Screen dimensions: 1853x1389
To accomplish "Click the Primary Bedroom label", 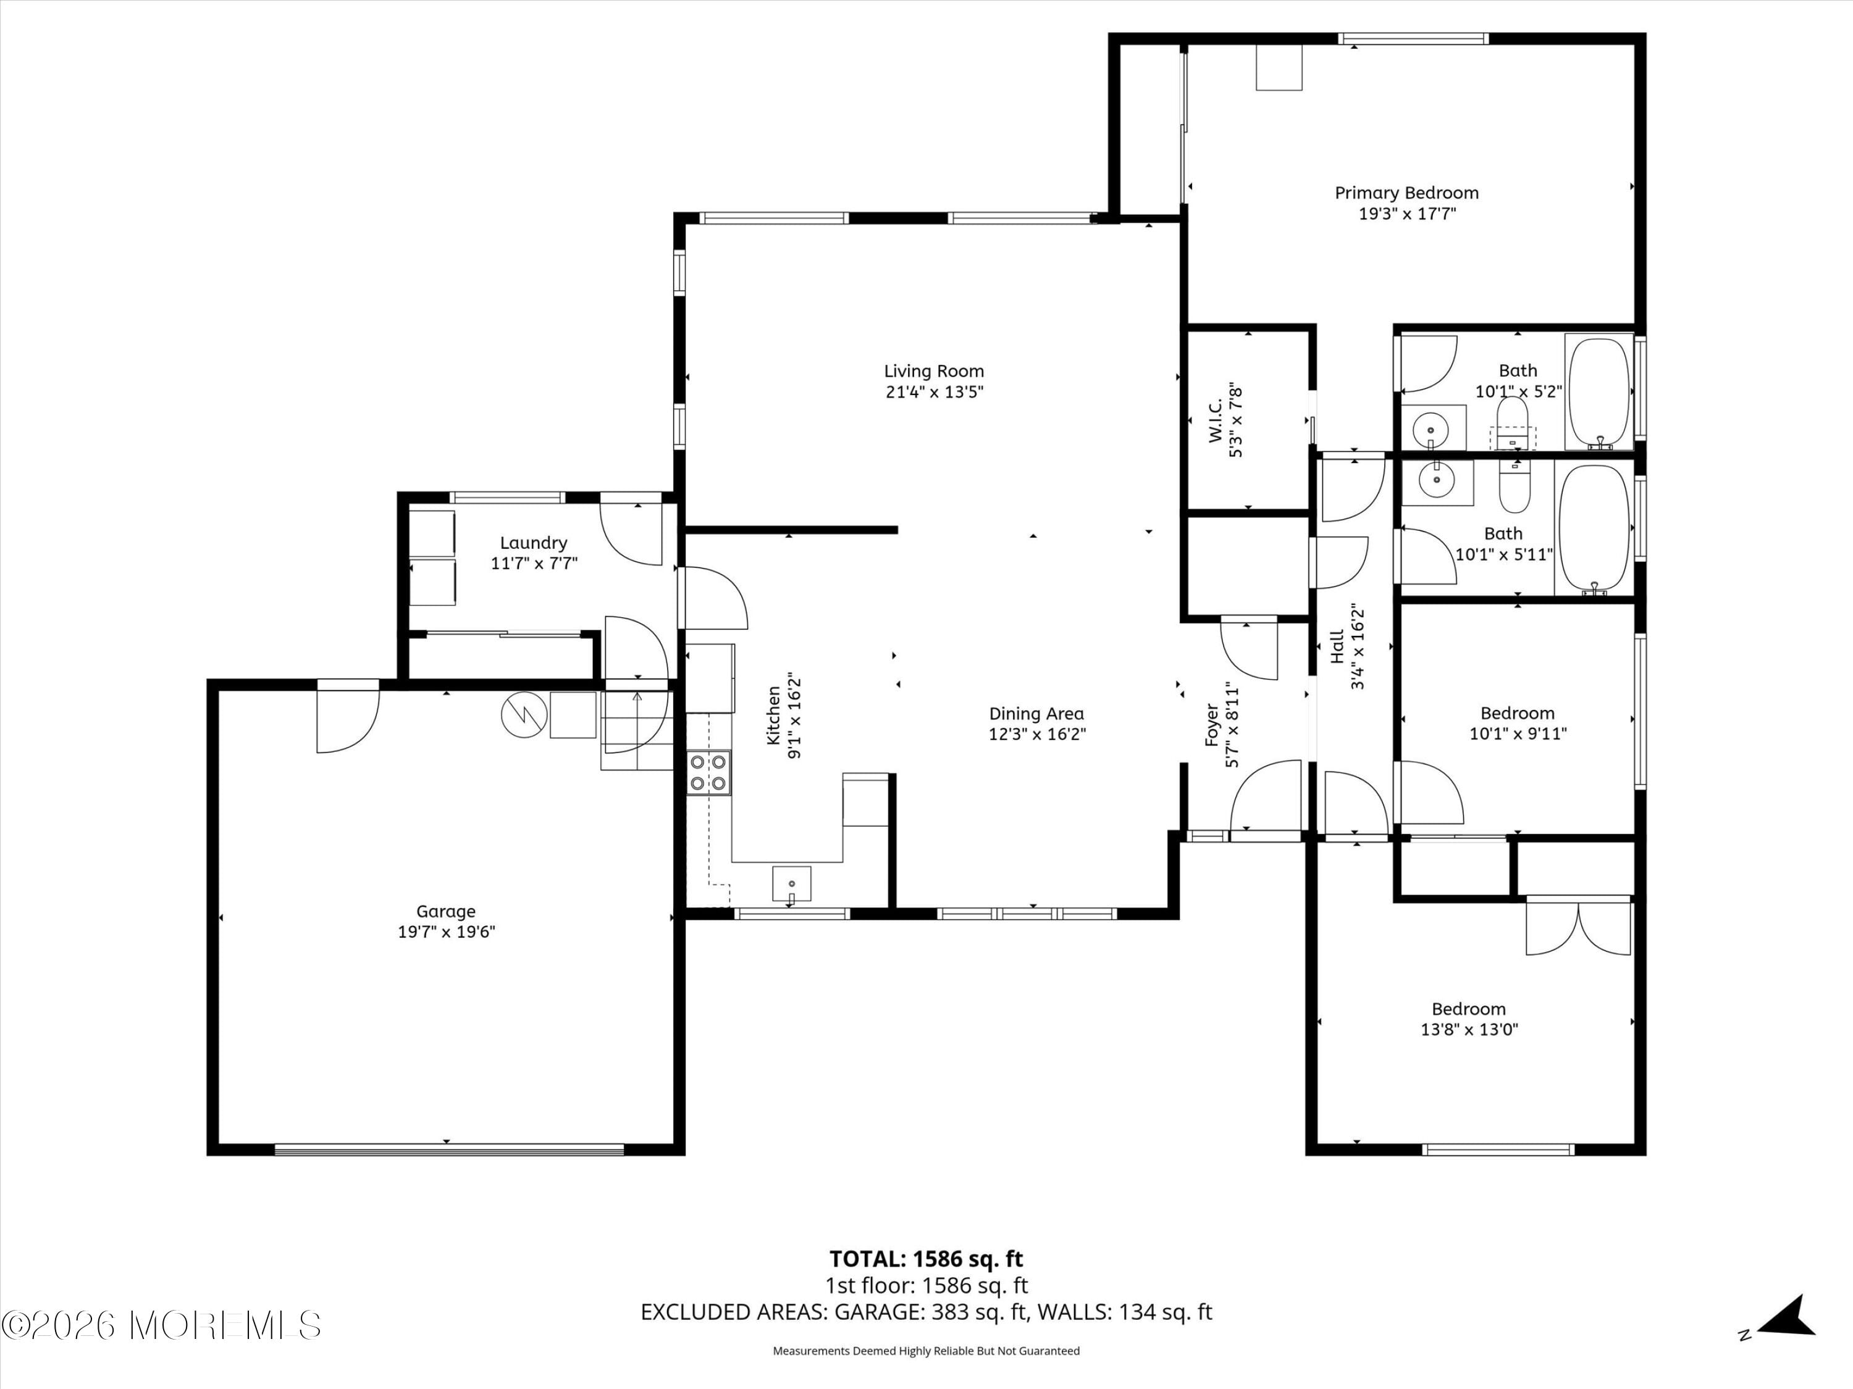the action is tap(1406, 193).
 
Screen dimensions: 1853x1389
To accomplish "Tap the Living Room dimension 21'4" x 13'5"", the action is tap(934, 392).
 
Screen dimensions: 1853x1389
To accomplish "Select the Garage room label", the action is tap(446, 911).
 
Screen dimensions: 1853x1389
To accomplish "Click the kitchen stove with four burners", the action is tap(708, 773).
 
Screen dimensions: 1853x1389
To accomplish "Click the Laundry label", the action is tap(534, 543).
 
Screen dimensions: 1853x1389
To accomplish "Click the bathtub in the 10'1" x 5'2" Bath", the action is tap(1599, 392).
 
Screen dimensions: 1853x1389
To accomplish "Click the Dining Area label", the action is tap(1036, 714).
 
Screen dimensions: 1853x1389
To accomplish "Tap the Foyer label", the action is tap(1211, 725).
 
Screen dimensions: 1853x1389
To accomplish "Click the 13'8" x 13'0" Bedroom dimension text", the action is tap(1469, 1030).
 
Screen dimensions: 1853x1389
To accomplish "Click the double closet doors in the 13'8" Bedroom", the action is tap(1578, 927).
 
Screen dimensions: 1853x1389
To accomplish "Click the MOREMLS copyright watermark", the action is tap(162, 1325).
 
